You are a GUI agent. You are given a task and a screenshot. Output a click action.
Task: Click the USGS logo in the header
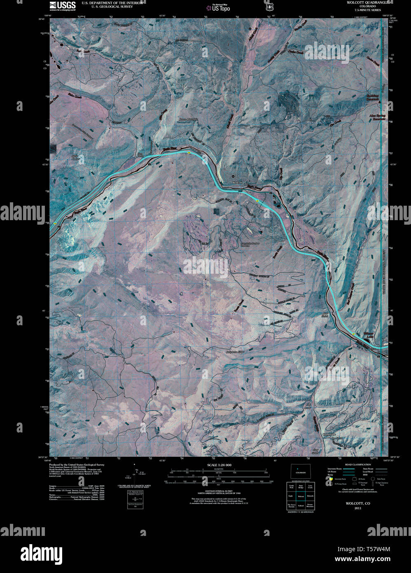[x=62, y=5]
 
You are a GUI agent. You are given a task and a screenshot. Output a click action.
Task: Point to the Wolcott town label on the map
[x=238, y=182]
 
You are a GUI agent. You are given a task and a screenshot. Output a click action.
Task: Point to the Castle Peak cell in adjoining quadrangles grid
[x=290, y=486]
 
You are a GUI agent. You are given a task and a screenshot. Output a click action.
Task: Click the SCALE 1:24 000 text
[x=218, y=465]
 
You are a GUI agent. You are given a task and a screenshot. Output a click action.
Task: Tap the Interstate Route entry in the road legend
[x=335, y=469]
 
